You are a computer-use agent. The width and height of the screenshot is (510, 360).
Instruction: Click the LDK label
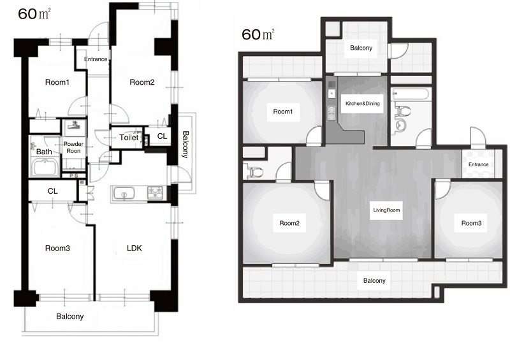point(135,248)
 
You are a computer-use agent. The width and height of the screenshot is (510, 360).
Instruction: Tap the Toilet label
point(129,138)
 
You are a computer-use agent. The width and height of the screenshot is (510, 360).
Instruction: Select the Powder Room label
point(73,147)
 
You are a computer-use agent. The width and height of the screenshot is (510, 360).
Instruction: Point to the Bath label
point(44,152)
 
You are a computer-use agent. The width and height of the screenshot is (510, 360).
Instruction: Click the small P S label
point(74,176)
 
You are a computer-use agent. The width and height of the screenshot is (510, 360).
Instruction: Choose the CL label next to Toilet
point(162,136)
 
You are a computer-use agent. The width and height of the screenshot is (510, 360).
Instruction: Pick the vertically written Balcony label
point(185,145)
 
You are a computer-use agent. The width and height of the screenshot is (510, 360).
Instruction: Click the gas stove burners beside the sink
point(155,192)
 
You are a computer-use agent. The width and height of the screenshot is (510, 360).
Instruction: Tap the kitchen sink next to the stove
point(124,193)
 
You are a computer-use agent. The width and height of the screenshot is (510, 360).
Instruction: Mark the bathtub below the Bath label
point(45,167)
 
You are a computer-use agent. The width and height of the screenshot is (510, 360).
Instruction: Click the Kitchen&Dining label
point(362,103)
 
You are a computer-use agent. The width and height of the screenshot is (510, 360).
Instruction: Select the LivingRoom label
point(386,210)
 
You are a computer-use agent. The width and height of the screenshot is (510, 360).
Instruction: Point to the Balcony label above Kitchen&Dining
point(361,48)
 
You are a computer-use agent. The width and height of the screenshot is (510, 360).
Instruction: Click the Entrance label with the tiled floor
point(479,164)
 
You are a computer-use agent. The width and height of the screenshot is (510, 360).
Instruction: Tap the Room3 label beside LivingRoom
point(471,223)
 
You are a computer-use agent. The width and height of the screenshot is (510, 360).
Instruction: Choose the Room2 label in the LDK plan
point(142,82)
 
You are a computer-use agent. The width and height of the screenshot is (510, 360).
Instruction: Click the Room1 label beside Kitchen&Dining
point(283,112)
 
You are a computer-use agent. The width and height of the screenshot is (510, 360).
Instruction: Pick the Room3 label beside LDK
point(57,248)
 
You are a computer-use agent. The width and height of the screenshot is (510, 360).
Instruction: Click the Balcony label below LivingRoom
point(374,280)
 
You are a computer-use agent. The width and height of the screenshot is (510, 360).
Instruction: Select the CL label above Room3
point(53,191)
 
